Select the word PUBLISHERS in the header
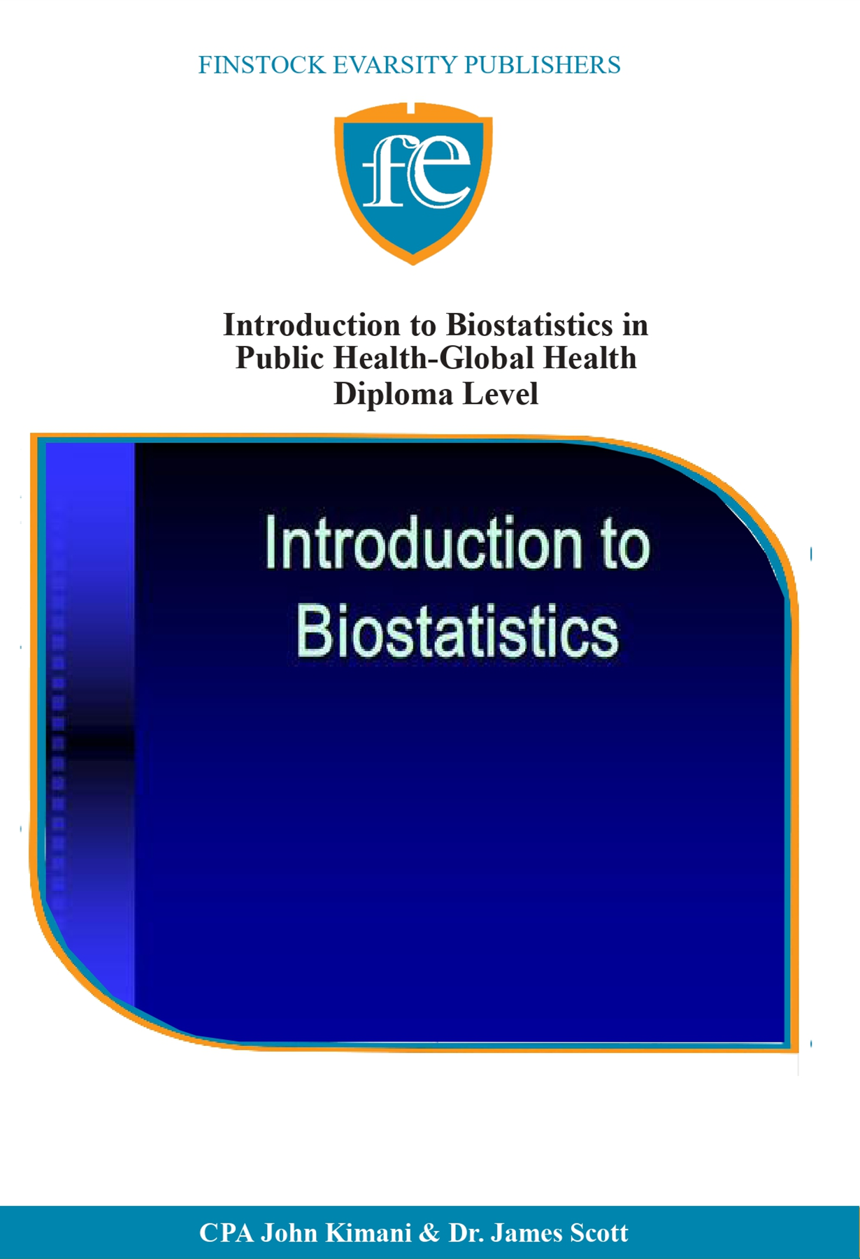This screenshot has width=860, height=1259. pos(543,65)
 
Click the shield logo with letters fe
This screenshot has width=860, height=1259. pos(413,182)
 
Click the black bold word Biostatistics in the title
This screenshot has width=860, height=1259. pos(529,325)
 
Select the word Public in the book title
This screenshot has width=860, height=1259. pos(280,358)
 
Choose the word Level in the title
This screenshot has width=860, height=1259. pos(502,393)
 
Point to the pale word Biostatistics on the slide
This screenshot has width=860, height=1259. pos(457,632)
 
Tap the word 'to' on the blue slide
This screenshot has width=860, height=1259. pos(624,545)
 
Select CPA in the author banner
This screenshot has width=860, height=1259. pos(226,1233)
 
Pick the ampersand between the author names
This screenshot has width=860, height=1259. pos(429,1233)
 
